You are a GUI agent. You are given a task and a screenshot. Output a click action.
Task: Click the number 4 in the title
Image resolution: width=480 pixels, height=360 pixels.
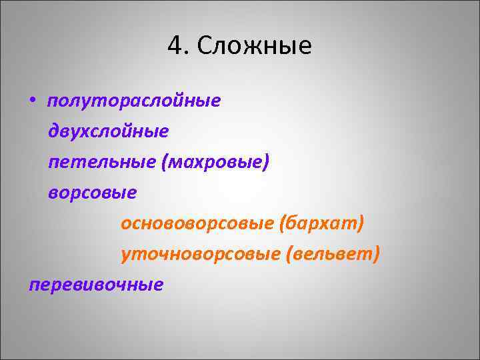point(175,47)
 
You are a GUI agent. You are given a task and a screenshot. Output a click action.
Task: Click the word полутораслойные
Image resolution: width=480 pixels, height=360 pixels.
point(133,101)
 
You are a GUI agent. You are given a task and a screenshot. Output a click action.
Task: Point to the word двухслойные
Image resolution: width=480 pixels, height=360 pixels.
point(108,131)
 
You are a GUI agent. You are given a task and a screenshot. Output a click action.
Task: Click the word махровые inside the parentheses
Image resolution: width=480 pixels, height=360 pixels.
point(215,162)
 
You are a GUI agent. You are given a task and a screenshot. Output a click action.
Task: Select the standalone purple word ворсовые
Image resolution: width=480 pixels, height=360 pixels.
point(92,193)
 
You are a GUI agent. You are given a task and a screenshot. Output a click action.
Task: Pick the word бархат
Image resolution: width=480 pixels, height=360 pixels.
point(321,223)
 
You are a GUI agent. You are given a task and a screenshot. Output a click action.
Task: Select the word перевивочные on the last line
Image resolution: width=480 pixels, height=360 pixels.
point(96,285)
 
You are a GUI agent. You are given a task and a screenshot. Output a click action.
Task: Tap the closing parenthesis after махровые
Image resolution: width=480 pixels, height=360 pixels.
point(267,162)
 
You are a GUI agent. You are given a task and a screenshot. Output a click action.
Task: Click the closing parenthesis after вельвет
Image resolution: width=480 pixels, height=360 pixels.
point(377,254)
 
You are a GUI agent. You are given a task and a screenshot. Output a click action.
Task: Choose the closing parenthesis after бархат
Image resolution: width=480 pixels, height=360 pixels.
point(361,223)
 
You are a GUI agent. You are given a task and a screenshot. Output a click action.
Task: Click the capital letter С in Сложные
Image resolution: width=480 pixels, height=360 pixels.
point(205,47)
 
